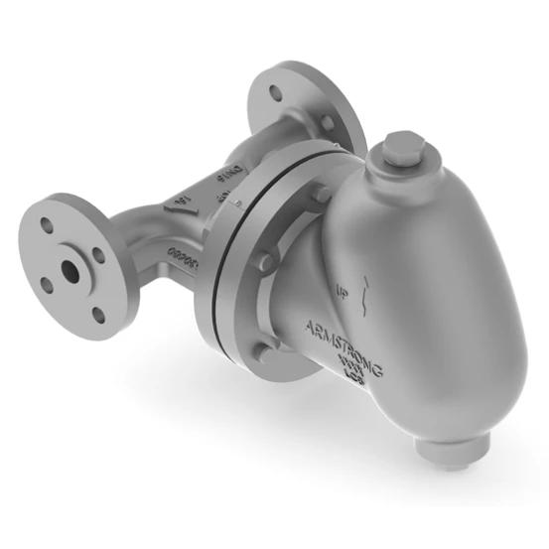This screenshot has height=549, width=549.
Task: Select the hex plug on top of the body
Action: [x=401, y=151]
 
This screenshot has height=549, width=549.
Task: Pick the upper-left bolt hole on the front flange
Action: [x=47, y=225]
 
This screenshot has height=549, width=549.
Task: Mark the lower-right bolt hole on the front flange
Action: [x=98, y=316]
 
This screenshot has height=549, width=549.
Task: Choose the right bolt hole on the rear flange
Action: [x=328, y=123]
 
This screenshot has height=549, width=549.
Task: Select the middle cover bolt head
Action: [x=265, y=262]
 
